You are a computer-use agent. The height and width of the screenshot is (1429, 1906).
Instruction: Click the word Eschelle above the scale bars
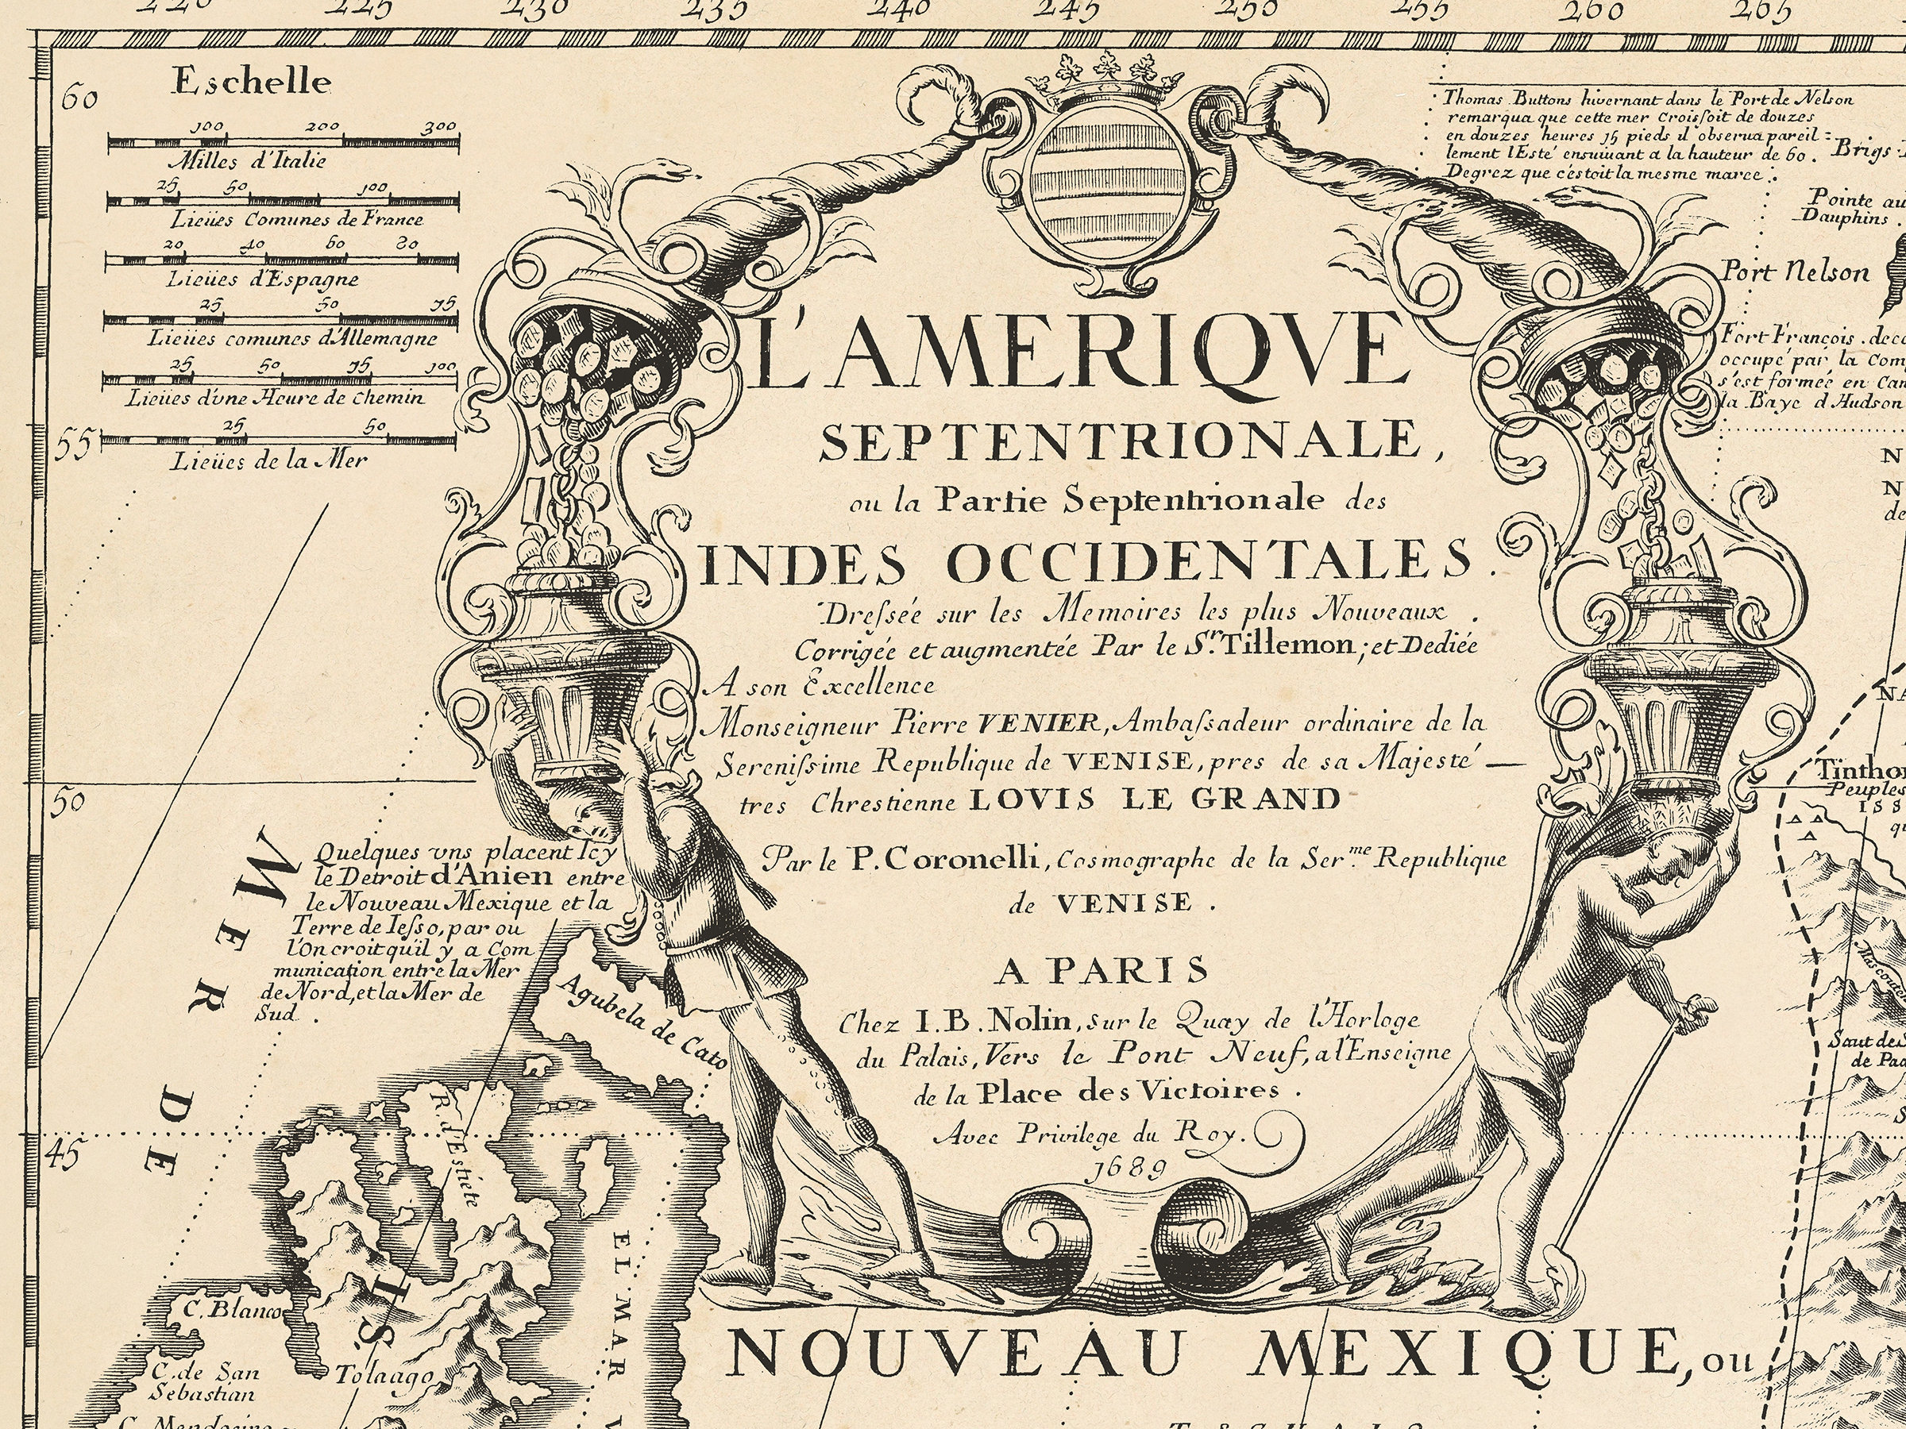pyautogui.click(x=252, y=83)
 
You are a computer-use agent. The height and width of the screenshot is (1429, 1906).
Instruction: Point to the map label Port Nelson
pyautogui.click(x=1796, y=273)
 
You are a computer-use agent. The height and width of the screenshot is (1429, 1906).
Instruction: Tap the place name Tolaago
pyautogui.click(x=384, y=1376)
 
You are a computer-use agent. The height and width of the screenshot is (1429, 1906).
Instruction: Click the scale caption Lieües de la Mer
pyautogui.click(x=269, y=460)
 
